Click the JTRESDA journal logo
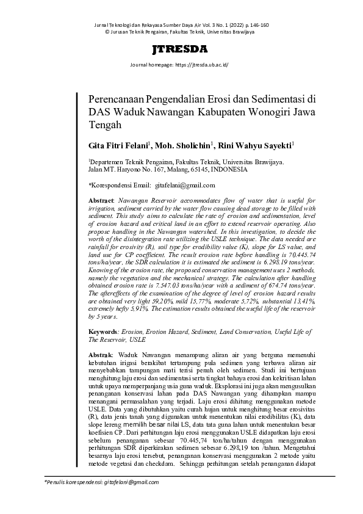181,50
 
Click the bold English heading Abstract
101,201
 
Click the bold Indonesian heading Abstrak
101,355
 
